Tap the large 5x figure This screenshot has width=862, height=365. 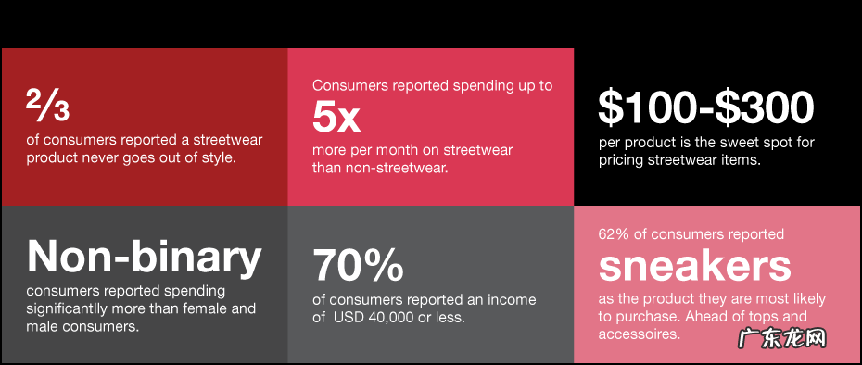click(x=336, y=117)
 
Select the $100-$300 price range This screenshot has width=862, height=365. click(x=706, y=107)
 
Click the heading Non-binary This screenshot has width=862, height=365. click(x=144, y=257)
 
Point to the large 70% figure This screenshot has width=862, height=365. click(x=358, y=266)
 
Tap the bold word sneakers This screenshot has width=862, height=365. click(x=694, y=267)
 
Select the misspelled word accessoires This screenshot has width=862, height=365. click(x=639, y=334)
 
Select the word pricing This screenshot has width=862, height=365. click(x=619, y=161)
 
